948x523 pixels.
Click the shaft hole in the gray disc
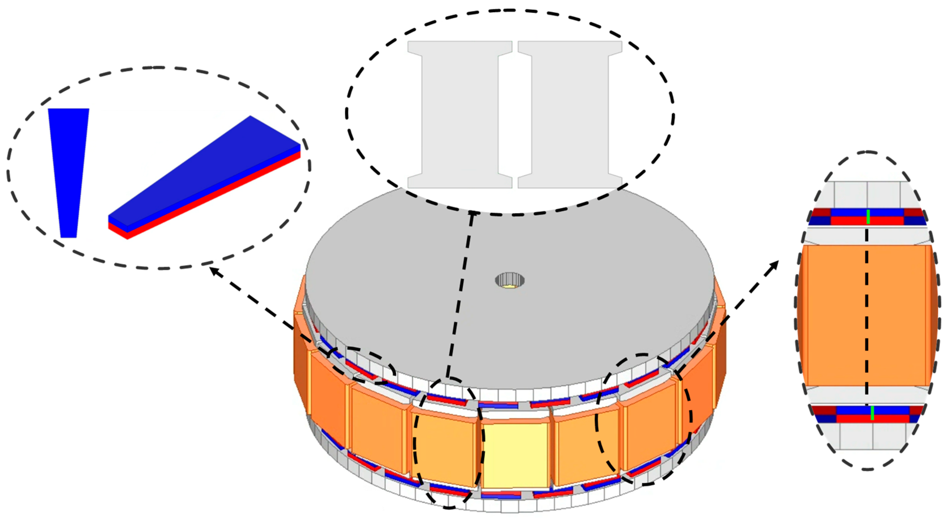point(510,280)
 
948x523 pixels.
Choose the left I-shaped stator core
point(460,114)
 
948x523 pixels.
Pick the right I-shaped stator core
point(570,114)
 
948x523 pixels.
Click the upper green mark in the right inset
point(868,217)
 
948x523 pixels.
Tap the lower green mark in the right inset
point(872,413)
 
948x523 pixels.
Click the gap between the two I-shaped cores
point(515,114)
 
